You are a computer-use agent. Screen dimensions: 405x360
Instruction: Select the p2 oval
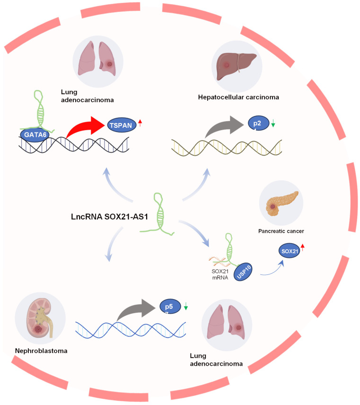(257, 124)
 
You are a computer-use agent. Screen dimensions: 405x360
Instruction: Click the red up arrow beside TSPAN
(140, 124)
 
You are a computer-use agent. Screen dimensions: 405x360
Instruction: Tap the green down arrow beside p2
(273, 124)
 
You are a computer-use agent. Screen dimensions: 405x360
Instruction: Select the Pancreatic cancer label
(281, 232)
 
